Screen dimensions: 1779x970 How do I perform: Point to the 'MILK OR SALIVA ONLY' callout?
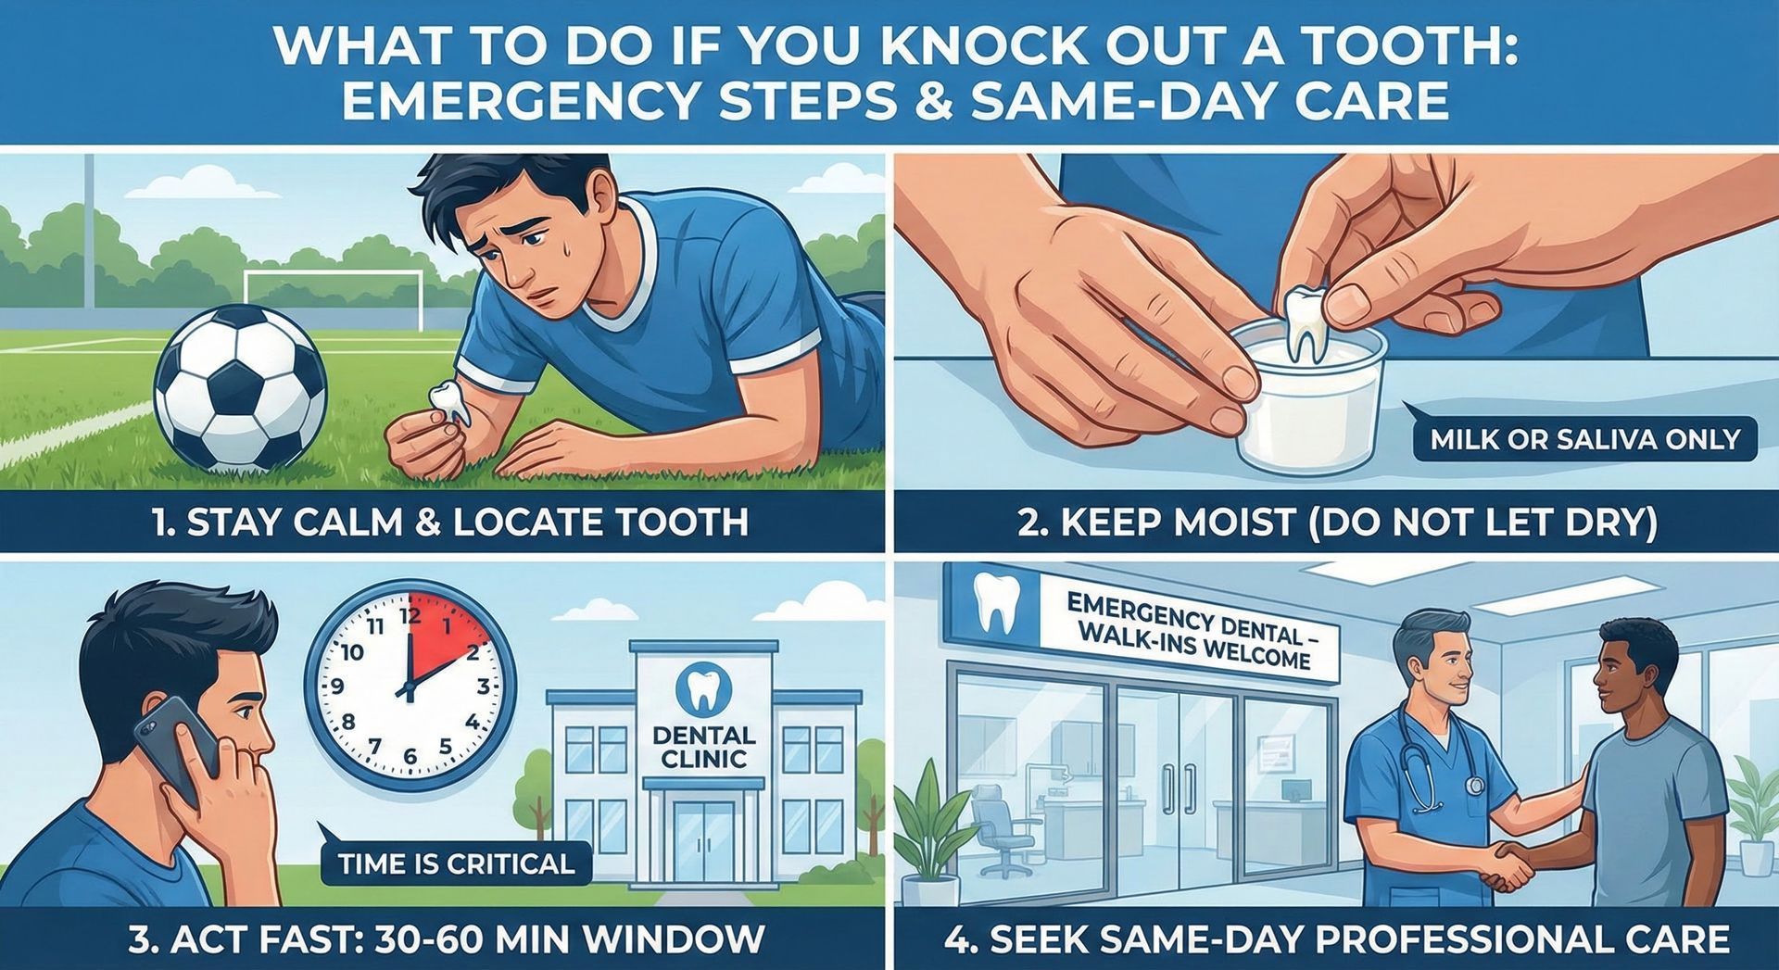[x=1584, y=439]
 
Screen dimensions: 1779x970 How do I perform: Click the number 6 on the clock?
[x=410, y=756]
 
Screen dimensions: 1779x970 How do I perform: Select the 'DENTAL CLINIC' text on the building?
[x=704, y=747]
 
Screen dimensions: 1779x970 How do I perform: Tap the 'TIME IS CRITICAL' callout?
[x=456, y=864]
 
